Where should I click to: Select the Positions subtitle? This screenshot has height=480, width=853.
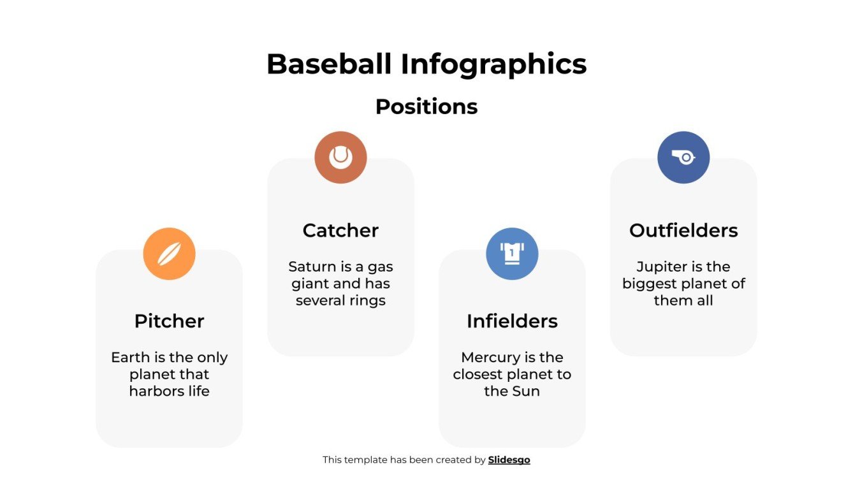pyautogui.click(x=426, y=106)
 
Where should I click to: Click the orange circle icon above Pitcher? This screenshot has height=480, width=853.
pyautogui.click(x=169, y=254)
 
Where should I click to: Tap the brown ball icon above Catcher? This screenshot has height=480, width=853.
pyautogui.click(x=340, y=157)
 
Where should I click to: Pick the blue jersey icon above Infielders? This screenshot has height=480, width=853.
pyautogui.click(x=512, y=254)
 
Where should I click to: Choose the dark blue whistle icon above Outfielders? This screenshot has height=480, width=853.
pyautogui.click(x=683, y=157)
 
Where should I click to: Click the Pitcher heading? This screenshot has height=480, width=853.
pyautogui.click(x=169, y=321)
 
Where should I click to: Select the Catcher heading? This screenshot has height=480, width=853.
pyautogui.click(x=340, y=230)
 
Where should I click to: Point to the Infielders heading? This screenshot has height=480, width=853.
pyautogui.click(x=512, y=321)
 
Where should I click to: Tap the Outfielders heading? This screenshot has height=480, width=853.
pyautogui.click(x=683, y=230)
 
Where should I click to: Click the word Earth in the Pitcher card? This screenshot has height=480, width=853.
pyautogui.click(x=130, y=358)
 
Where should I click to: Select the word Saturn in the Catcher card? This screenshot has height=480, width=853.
pyautogui.click(x=311, y=266)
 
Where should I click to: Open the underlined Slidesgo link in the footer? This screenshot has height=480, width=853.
pyautogui.click(x=509, y=460)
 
